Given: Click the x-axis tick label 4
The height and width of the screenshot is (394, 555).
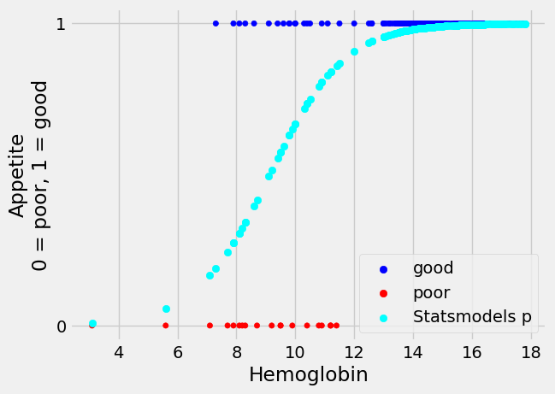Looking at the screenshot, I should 119,351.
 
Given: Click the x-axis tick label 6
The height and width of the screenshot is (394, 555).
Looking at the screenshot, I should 178,351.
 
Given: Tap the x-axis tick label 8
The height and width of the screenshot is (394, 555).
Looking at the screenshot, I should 237,351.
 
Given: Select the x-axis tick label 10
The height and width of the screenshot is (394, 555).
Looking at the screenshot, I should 295,351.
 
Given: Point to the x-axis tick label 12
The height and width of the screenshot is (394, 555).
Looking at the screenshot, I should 354,351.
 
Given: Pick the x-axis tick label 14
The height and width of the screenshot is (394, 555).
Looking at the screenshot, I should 413,351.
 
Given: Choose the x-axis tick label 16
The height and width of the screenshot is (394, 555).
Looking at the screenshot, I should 472,351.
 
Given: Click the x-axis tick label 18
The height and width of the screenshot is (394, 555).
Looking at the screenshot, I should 531,351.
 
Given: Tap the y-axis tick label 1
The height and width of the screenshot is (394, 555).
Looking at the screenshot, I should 61,24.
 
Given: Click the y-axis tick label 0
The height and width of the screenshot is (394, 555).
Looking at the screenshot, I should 61,326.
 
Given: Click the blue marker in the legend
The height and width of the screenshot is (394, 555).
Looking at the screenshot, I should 383,269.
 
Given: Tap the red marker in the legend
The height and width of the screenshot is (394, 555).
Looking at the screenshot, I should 383,293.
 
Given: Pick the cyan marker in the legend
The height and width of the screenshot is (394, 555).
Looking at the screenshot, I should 383,317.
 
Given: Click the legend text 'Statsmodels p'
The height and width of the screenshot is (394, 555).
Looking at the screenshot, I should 472,317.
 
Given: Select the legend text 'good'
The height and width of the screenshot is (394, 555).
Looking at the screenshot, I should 433,269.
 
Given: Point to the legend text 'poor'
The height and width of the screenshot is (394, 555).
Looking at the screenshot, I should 432,293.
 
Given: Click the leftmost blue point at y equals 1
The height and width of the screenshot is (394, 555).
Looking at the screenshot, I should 216,24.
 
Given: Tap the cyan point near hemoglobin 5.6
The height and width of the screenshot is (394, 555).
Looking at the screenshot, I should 166,309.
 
